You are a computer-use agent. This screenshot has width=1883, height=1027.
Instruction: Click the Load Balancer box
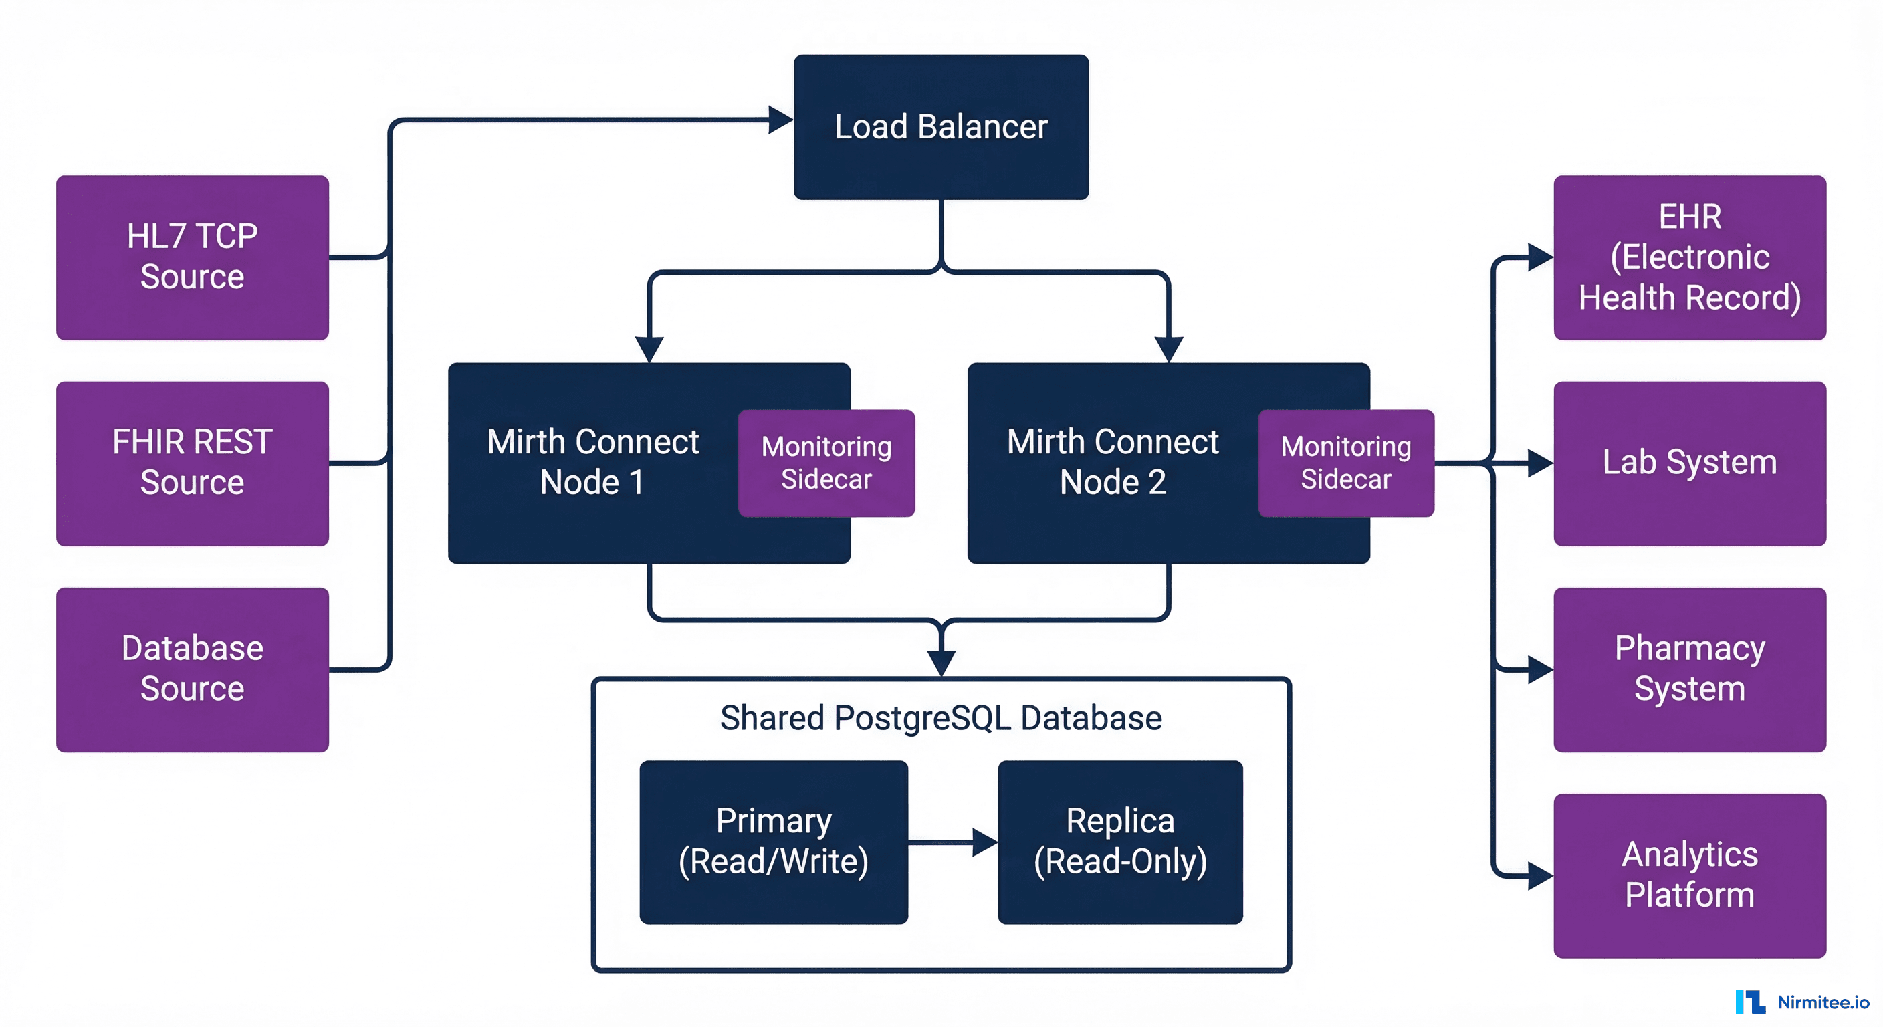coord(941,126)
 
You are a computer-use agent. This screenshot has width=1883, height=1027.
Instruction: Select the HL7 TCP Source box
coord(193,257)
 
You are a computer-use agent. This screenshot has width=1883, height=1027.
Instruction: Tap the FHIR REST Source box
coord(193,463)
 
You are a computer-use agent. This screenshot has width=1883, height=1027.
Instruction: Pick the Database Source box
coord(193,669)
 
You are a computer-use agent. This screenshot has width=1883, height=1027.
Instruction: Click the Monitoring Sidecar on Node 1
coord(826,463)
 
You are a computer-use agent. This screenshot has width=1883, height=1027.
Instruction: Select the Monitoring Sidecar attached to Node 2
coord(1346,463)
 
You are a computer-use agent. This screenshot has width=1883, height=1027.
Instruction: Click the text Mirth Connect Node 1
coord(593,462)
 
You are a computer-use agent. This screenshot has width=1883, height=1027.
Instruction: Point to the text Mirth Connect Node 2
coord(1113,462)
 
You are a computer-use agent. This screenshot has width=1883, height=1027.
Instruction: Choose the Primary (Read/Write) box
coord(774,841)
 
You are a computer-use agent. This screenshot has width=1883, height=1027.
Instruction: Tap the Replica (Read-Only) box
coord(1120,841)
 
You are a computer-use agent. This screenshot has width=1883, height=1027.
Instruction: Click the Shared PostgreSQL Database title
coord(941,718)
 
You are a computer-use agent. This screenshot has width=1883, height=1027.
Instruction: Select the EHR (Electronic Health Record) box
coord(1689,257)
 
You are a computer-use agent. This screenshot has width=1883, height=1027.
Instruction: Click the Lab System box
coord(1689,463)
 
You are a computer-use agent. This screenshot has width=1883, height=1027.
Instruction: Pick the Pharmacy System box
coord(1689,669)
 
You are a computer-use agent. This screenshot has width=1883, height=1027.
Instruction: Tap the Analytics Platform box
coord(1689,875)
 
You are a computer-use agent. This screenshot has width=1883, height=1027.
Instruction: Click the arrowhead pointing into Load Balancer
coord(780,120)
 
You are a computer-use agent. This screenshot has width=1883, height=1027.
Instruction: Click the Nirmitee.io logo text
coord(1822,1002)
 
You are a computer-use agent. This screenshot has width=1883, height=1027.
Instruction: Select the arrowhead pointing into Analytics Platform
coord(1539,875)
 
